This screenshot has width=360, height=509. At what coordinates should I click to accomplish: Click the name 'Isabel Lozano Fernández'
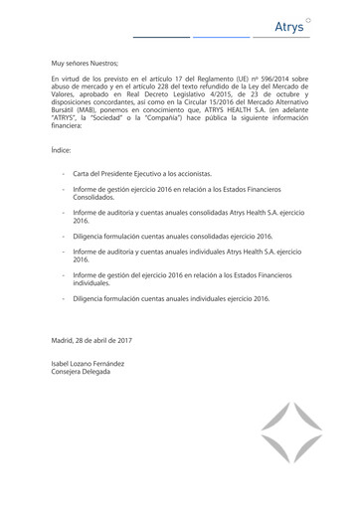(x=88, y=363)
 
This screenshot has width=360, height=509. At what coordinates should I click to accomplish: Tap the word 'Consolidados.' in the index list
(x=94, y=198)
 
